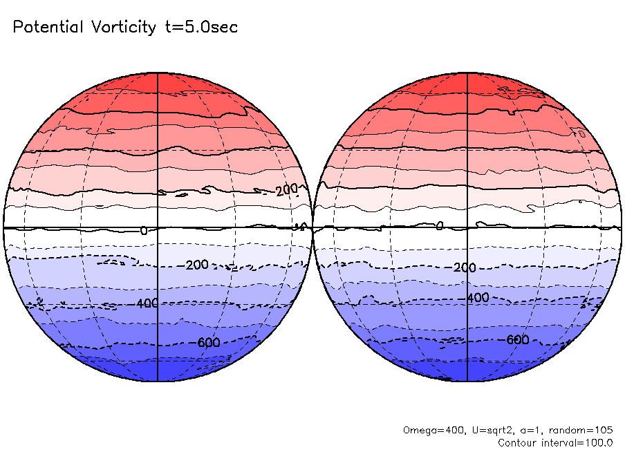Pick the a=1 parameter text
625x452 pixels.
tap(523, 430)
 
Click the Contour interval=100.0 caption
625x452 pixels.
tap(555, 442)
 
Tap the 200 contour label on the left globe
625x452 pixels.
tap(286, 190)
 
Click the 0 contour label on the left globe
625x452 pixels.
tap(143, 231)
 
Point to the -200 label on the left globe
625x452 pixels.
tap(197, 265)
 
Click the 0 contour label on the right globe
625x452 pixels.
tap(440, 225)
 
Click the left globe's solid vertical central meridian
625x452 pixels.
tap(158, 138)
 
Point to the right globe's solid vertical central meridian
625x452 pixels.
tap(468, 138)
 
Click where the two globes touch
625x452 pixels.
tap(313, 227)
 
